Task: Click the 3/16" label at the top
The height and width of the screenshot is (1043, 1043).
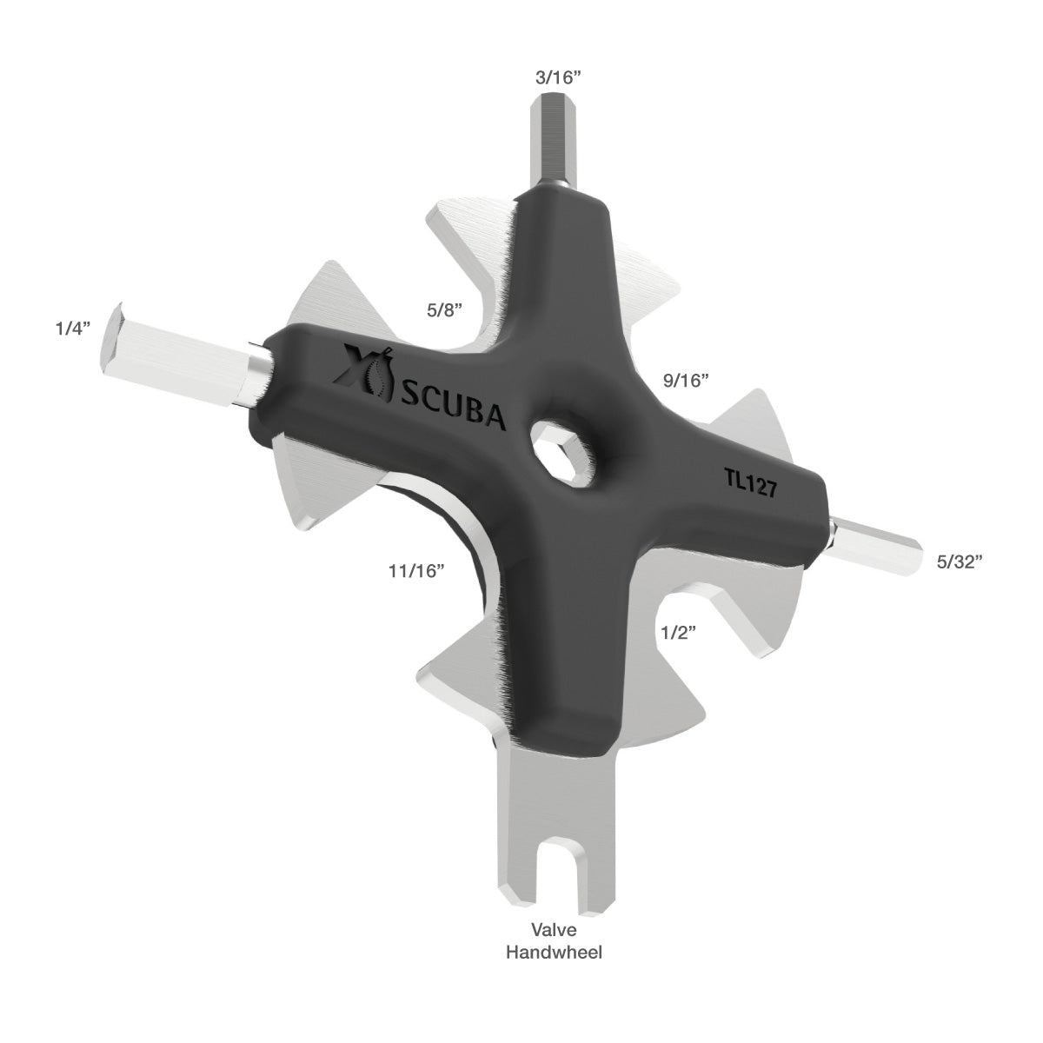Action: click(557, 77)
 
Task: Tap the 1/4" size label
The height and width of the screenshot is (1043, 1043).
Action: click(71, 329)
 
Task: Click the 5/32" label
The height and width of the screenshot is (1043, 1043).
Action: click(960, 561)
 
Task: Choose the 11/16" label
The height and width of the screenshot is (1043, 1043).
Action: click(416, 570)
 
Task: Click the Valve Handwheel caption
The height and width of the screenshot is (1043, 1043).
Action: click(555, 941)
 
